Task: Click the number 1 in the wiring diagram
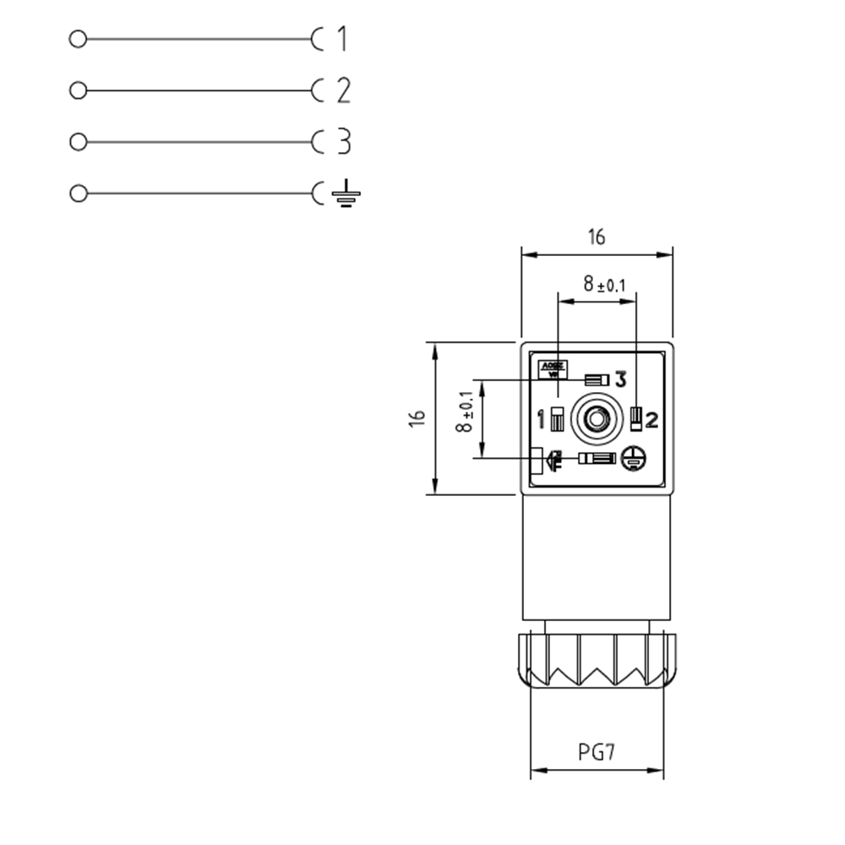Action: (x=341, y=39)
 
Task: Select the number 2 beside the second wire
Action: (x=342, y=90)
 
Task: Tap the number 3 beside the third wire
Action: (x=343, y=142)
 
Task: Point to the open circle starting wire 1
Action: (x=78, y=39)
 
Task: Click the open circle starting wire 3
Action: (x=78, y=142)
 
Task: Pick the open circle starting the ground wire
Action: (x=78, y=194)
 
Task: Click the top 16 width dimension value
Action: (x=597, y=237)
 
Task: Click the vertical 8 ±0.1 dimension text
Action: (x=464, y=413)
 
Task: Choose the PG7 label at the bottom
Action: (x=597, y=752)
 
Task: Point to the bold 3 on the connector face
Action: (x=620, y=379)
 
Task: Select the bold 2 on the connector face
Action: (x=651, y=418)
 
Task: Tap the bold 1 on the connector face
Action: (x=542, y=418)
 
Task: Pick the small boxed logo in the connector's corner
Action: (x=553, y=368)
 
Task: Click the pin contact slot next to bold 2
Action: (x=635, y=418)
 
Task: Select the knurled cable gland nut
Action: (x=597, y=662)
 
